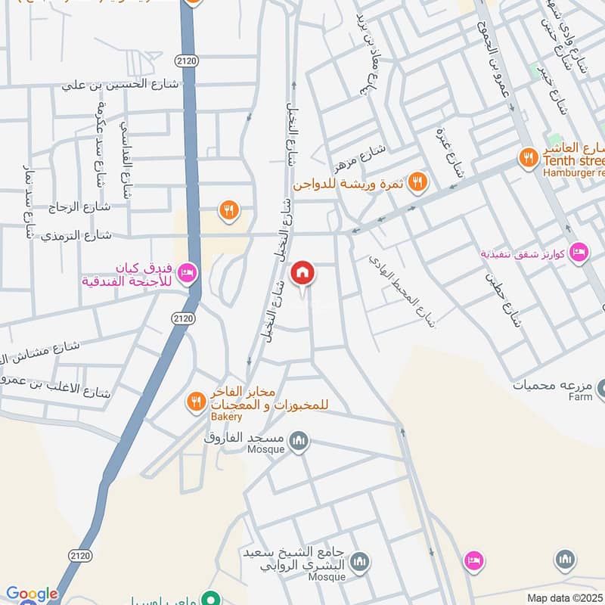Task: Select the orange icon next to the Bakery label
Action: pyautogui.click(x=197, y=402)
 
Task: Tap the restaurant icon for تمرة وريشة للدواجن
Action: pyautogui.click(x=417, y=182)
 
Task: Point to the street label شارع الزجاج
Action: pyautogui.click(x=79, y=206)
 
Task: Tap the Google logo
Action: pyautogui.click(x=32, y=594)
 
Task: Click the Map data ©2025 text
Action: pyautogui.click(x=565, y=597)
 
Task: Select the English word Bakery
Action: pyautogui.click(x=227, y=417)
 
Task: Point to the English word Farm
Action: pyautogui.click(x=581, y=396)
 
